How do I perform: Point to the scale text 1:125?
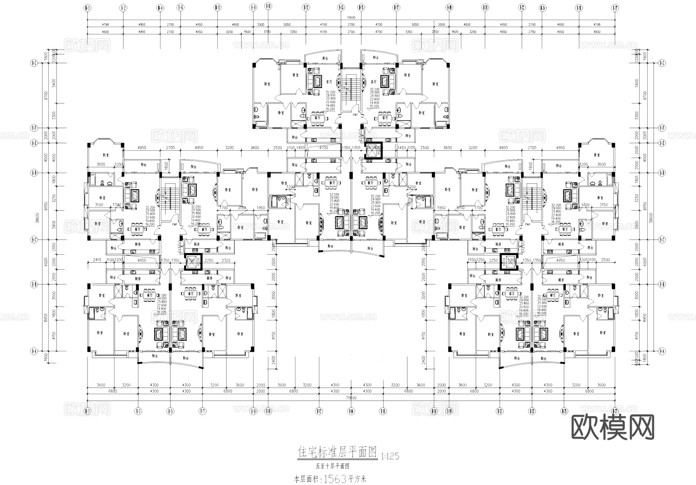[x=390, y=456]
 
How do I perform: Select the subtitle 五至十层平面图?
[x=333, y=466]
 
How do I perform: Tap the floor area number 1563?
[x=336, y=479]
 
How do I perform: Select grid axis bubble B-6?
[x=180, y=7]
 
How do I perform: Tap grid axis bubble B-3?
[x=138, y=411]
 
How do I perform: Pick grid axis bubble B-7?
[x=202, y=411]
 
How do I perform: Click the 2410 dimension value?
[x=97, y=260]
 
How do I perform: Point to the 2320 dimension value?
[x=226, y=260]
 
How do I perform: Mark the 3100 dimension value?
[x=99, y=205]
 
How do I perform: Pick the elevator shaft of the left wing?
[x=191, y=263]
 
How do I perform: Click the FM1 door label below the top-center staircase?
[x=355, y=114]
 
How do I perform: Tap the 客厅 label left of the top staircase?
[x=329, y=82]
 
